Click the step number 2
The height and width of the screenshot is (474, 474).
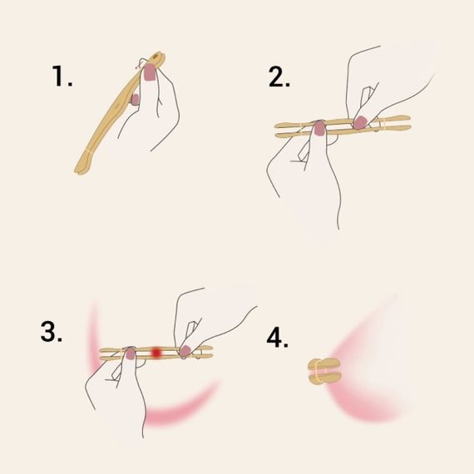pyautogui.click(x=279, y=77)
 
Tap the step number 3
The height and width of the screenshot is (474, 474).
pyautogui.click(x=52, y=330)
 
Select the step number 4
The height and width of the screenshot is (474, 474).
pyautogui.click(x=278, y=339)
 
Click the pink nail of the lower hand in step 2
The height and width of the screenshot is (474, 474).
pyautogui.click(x=316, y=126)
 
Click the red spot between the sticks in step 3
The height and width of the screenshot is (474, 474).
pyautogui.click(x=156, y=353)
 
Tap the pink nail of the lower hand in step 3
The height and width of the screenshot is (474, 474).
pyautogui.click(x=130, y=353)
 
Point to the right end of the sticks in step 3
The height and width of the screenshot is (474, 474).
pyautogui.click(x=211, y=352)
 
